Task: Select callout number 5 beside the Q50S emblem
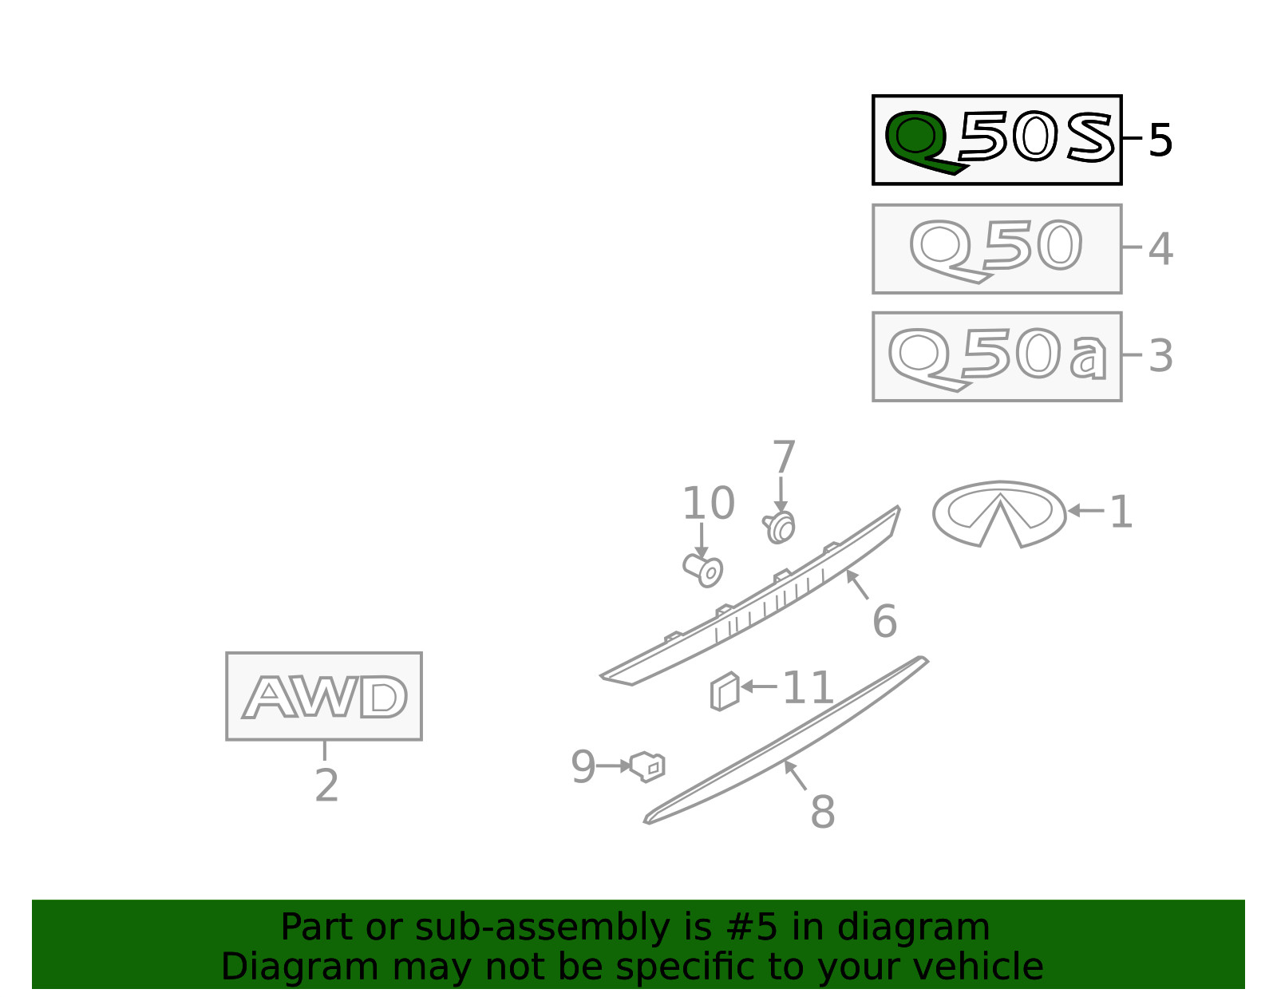(1160, 140)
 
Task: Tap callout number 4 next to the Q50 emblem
(1160, 249)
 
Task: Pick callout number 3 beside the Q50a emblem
(1160, 356)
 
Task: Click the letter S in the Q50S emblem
(1091, 138)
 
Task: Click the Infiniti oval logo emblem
(999, 515)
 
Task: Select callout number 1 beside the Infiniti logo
(1121, 512)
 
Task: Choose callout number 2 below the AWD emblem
(326, 785)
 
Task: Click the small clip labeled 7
(779, 527)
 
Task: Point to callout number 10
(709, 504)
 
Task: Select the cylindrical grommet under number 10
(703, 571)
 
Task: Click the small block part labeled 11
(725, 691)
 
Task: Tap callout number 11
(808, 688)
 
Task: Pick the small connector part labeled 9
(647, 766)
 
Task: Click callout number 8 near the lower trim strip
(823, 811)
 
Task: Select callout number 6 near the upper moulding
(885, 621)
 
